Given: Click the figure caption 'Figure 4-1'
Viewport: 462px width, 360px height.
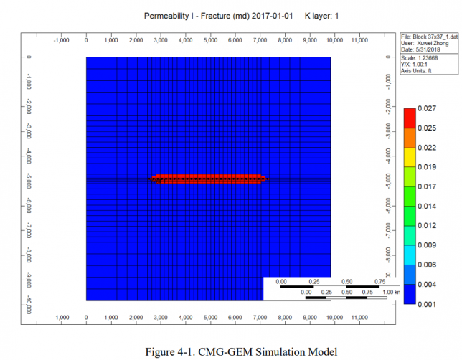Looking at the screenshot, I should pyautogui.click(x=231, y=351).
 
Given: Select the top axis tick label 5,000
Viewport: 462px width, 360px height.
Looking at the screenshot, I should pyautogui.click(x=210, y=40).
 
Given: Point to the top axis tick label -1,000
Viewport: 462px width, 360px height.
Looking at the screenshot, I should pyautogui.click(x=62, y=40).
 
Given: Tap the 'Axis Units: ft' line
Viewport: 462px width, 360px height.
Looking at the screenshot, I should pyautogui.click(x=424, y=69).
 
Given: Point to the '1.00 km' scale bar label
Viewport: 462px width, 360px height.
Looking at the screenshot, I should pyautogui.click(x=390, y=293).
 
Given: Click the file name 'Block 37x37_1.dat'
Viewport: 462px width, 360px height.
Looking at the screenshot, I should pyautogui.click(x=430, y=37).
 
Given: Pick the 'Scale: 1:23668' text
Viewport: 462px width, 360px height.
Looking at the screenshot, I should pyautogui.click(x=423, y=57).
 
